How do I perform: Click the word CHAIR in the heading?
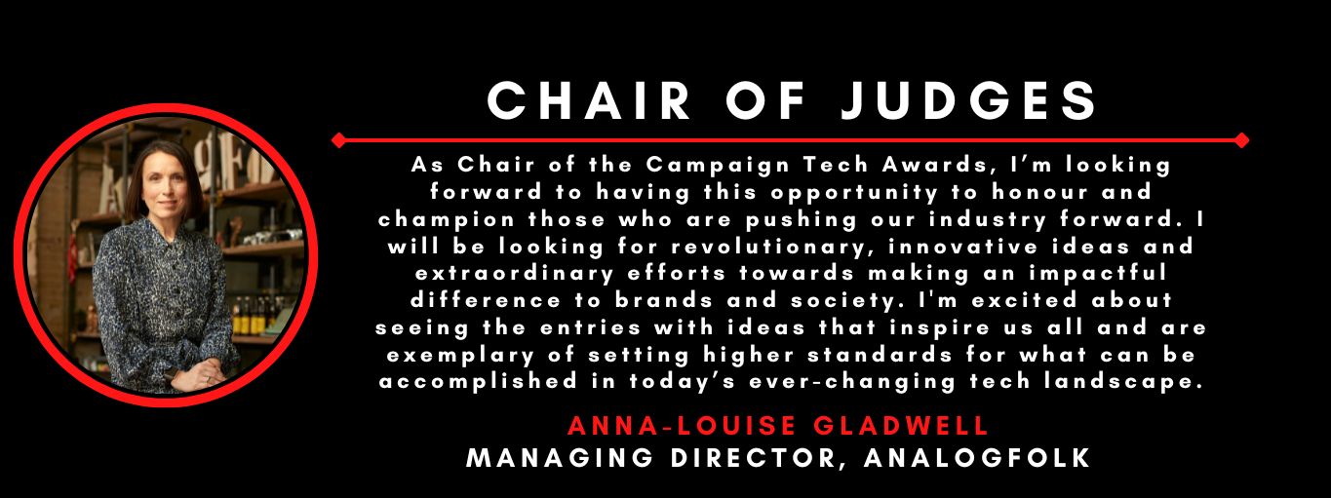589,101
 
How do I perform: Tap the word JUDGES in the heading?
969,101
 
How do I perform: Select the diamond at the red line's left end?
338,140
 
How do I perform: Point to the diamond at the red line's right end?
1241,140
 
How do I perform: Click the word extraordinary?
515,274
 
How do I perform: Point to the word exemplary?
460,356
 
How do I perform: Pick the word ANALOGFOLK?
977,458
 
